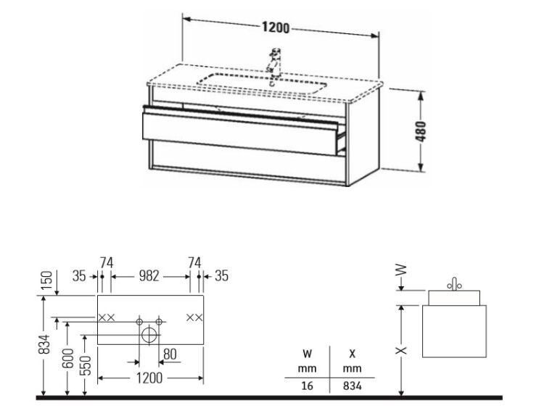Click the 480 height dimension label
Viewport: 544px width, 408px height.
point(421,131)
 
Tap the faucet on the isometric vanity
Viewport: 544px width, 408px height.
point(274,64)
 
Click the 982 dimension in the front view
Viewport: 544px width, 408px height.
point(149,276)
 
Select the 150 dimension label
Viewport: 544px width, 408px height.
point(47,280)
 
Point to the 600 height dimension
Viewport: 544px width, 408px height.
point(69,359)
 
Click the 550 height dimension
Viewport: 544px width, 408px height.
point(86,365)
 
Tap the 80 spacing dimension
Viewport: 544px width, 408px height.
point(170,354)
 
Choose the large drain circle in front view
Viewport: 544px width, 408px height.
point(149,335)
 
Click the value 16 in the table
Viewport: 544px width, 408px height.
point(307,386)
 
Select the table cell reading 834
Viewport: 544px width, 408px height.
point(352,386)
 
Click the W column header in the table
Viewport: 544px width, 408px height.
point(307,354)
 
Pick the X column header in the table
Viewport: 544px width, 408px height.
point(352,354)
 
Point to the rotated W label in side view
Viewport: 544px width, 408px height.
point(401,270)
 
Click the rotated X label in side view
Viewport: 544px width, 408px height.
point(401,351)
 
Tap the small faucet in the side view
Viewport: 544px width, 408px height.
point(454,284)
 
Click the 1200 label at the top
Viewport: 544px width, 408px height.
point(276,28)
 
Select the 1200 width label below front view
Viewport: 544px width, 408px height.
point(149,378)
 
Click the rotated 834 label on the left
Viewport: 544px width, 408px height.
point(44,344)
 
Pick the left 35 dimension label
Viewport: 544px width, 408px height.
point(79,276)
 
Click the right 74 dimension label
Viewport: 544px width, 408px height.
point(194,263)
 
